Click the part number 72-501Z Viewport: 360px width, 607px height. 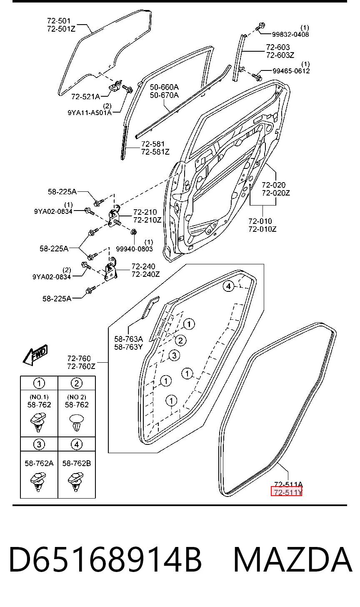pyautogui.click(x=61, y=29)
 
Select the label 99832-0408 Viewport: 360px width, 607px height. pyautogui.click(x=290, y=35)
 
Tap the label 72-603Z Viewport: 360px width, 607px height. pyautogui.click(x=280, y=55)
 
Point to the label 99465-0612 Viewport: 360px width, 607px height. pyautogui.click(x=291, y=71)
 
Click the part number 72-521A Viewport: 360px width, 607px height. pyautogui.click(x=85, y=96)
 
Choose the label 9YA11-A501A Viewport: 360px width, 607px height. pyautogui.click(x=90, y=113)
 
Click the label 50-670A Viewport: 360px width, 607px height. pyautogui.click(x=164, y=95)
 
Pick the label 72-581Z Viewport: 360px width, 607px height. pyautogui.click(x=155, y=152)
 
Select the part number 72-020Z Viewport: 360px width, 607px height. pyautogui.click(x=276, y=193)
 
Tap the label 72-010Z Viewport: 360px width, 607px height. pyautogui.click(x=262, y=229)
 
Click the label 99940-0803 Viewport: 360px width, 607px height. pyautogui.click(x=134, y=249)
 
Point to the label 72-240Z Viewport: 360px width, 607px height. pyautogui.click(x=146, y=274)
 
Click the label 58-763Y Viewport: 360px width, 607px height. pyautogui.click(x=128, y=347)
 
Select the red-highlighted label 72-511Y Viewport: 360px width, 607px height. pyautogui.click(x=287, y=492)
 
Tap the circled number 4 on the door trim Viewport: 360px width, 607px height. pyautogui.click(x=228, y=286)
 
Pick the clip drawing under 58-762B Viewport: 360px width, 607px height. pyautogui.click(x=76, y=482)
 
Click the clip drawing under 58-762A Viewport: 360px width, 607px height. pyautogui.click(x=38, y=482)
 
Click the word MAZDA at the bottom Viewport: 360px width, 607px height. pyautogui.click(x=292, y=560)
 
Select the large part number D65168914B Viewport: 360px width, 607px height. pyautogui.click(x=106, y=560)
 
